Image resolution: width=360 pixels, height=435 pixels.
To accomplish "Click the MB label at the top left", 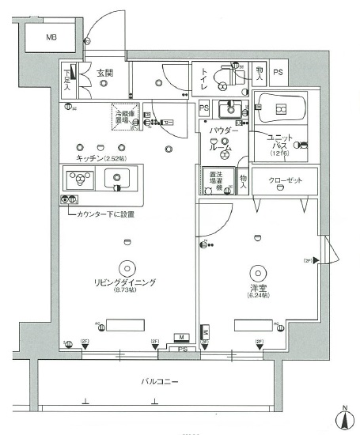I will pos(50,37).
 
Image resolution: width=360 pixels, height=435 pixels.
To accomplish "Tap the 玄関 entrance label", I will pos(106,73).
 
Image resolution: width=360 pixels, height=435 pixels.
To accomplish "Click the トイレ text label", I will pos(206,78).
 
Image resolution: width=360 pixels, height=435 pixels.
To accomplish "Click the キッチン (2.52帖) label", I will pos(101,158).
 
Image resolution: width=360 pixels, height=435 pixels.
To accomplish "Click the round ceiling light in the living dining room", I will pos(127,267).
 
